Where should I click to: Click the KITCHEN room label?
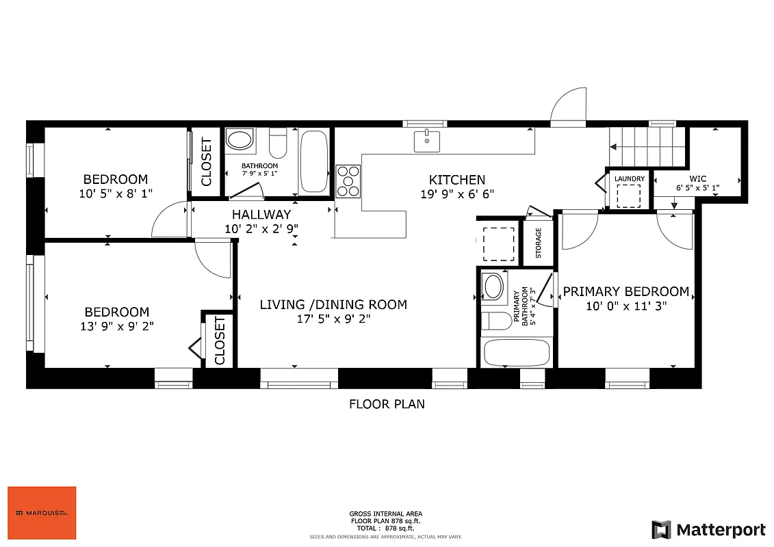pos(456,180)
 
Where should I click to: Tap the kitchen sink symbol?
pos(427,141)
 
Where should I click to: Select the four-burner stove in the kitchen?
pos(348,181)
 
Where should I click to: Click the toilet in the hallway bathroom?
pos(277,143)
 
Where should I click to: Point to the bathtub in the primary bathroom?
pos(517,353)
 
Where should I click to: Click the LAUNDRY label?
pos(629,179)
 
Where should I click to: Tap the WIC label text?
pos(697,179)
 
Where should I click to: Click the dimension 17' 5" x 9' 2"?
pos(333,319)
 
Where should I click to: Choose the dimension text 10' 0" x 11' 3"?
pos(625,306)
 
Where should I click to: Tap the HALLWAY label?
pos(261,215)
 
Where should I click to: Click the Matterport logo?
pos(708,529)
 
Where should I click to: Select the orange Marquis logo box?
pos(42,513)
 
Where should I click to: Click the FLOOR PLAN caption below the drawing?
pos(387,404)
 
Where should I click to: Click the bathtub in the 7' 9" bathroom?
pos(314,162)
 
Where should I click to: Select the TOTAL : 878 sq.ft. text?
pos(386,529)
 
